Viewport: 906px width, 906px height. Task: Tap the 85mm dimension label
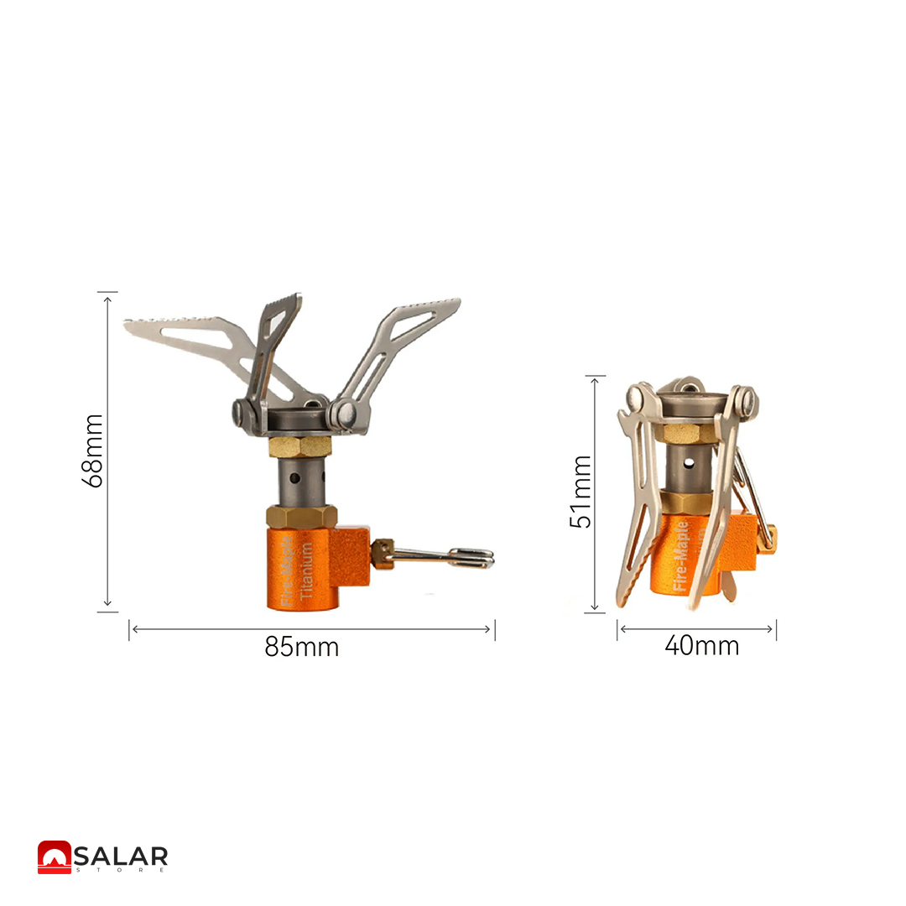[x=302, y=647]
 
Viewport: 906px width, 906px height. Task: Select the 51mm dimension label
[x=581, y=492]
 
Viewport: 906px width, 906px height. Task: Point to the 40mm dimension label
[x=701, y=645]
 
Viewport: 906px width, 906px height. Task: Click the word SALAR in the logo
[x=121, y=856]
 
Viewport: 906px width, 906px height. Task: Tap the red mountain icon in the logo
[x=55, y=857]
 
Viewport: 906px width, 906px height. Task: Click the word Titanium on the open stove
[x=306, y=570]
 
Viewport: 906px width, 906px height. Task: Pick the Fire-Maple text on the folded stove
[x=680, y=556]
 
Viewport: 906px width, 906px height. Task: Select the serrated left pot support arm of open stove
[x=202, y=346]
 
